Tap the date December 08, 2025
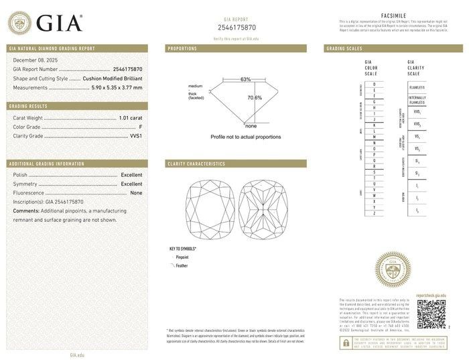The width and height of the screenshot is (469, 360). point(38,60)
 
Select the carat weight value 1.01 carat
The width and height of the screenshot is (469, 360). point(130,118)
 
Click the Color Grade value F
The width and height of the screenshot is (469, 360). point(140,127)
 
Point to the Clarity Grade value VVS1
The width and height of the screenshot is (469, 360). point(136,136)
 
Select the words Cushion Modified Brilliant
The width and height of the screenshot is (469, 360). point(111,78)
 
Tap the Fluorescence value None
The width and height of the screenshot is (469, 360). point(136,192)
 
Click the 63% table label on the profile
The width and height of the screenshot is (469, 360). point(246,80)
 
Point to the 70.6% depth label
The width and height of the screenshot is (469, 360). point(255,98)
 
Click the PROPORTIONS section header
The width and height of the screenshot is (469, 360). point(182,49)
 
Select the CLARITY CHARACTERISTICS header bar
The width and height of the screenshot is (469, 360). point(236,164)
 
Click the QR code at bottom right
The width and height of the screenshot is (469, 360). point(431,313)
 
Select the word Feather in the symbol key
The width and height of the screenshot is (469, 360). point(182,265)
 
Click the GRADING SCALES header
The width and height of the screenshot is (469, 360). point(345,49)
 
